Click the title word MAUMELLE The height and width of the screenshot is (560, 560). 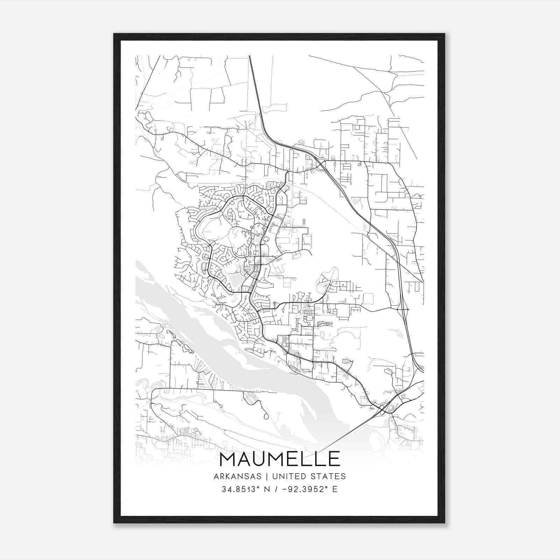tap(280, 459)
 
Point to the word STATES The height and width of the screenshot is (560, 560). tap(328, 476)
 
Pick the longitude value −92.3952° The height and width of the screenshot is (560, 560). tap(304, 489)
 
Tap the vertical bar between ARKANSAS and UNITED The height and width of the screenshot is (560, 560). tap(267, 476)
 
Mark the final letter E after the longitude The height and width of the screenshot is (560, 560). tap(335, 489)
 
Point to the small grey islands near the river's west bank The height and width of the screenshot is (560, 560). tap(178, 345)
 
